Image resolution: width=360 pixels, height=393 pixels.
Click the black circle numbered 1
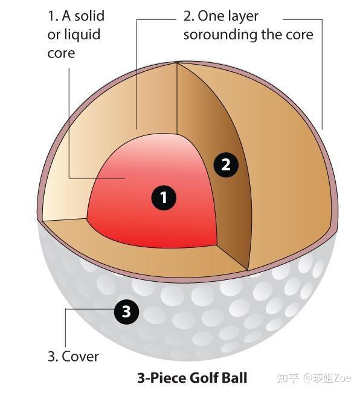[x=164, y=198]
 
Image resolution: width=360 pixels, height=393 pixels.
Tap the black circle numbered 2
[x=226, y=165]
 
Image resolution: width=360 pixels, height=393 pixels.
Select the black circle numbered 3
[x=126, y=312]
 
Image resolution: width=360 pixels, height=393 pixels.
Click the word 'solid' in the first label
[x=89, y=16]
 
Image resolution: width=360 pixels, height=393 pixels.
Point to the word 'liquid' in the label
[x=82, y=34]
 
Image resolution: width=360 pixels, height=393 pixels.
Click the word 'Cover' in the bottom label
[x=80, y=356]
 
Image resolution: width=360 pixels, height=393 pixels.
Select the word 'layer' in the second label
[x=243, y=16]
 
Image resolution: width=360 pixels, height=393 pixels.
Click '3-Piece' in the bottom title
[x=162, y=378]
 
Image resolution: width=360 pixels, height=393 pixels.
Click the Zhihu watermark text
[x=315, y=378]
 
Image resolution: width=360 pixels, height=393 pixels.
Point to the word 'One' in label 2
[x=210, y=16]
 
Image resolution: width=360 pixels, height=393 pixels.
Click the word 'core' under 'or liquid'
[x=61, y=53]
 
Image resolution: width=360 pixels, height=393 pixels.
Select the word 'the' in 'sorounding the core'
[x=271, y=34]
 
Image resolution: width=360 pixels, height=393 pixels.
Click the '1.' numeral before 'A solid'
[x=53, y=16]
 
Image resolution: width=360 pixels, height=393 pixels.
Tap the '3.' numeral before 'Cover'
[x=53, y=356]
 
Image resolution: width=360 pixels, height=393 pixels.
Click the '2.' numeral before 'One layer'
[x=189, y=16]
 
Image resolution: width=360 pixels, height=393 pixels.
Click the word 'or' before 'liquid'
[x=53, y=35]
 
